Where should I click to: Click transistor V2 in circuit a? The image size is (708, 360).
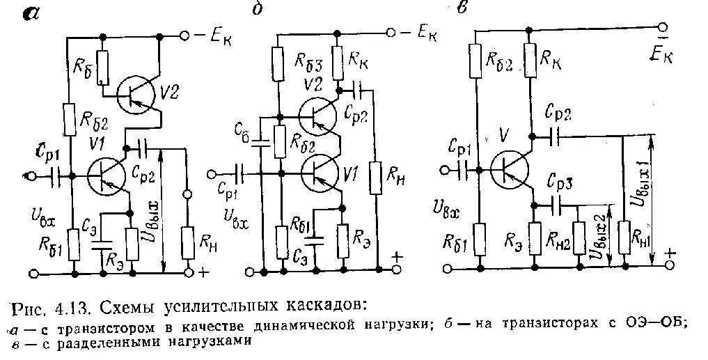click(135, 95)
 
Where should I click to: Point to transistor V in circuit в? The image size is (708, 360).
click(508, 166)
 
